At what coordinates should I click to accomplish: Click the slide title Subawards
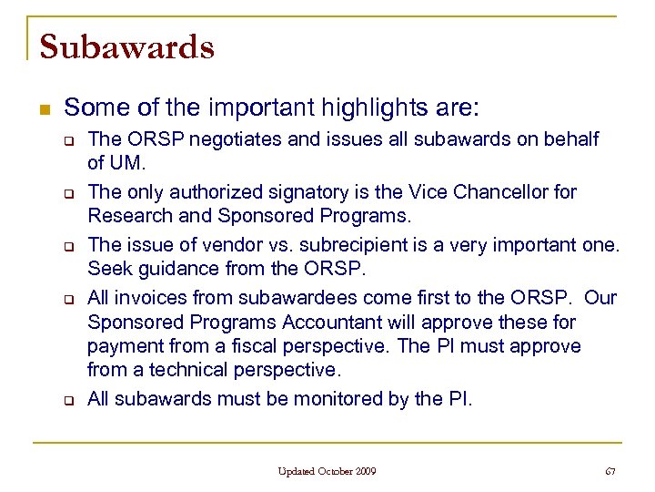[126, 46]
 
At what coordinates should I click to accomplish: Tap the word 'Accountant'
[327, 322]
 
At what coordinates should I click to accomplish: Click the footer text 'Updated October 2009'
[327, 471]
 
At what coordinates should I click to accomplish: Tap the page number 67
[610, 471]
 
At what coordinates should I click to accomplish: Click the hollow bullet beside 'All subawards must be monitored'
[67, 400]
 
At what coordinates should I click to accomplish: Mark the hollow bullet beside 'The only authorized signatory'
[67, 193]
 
